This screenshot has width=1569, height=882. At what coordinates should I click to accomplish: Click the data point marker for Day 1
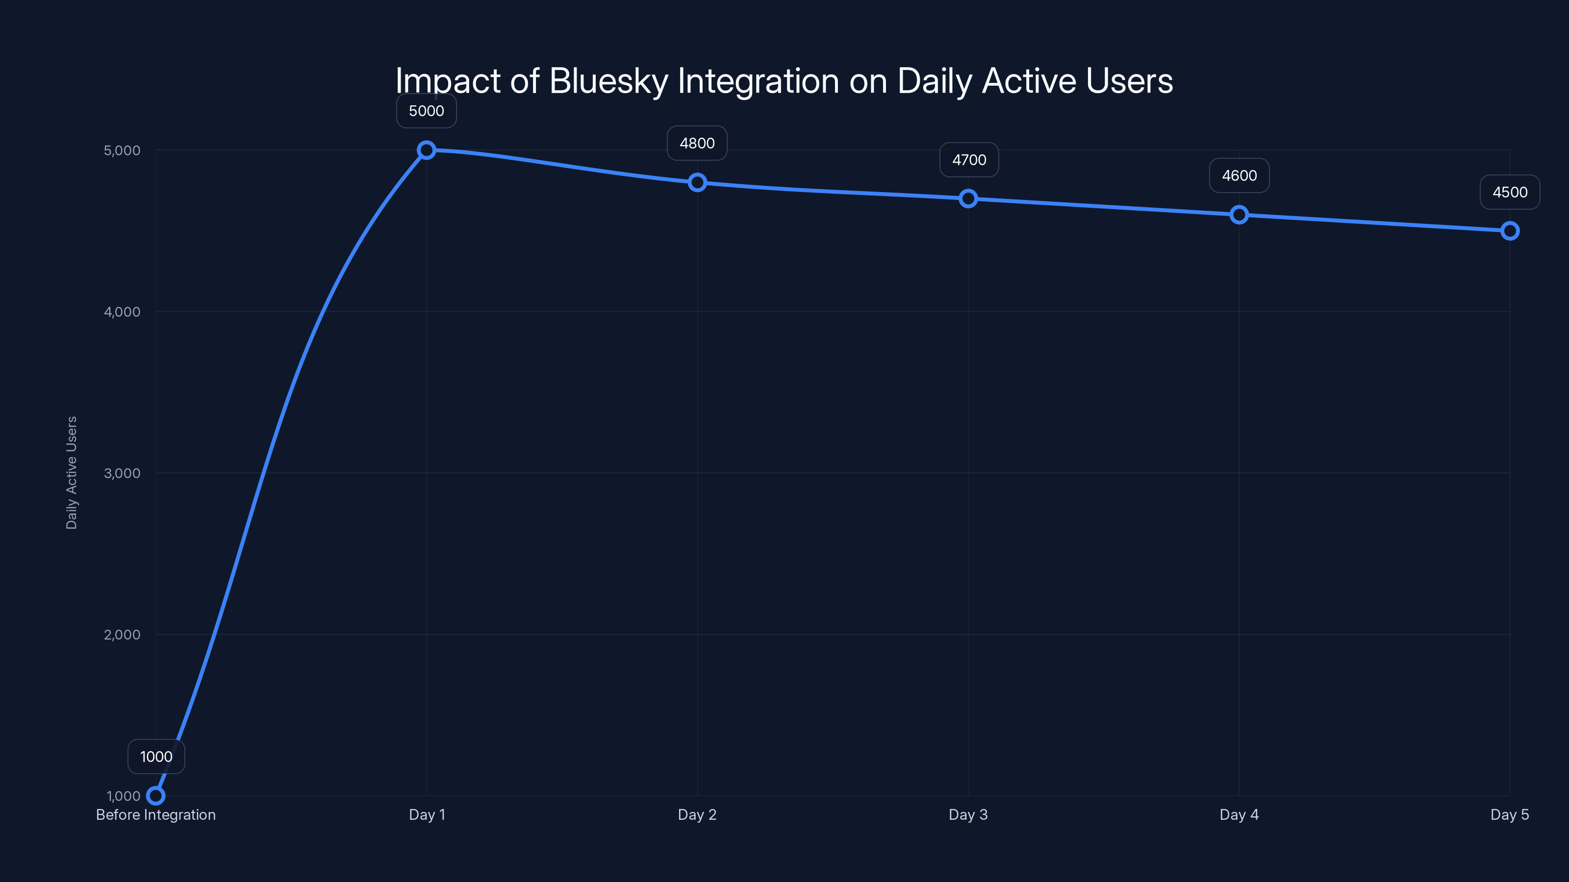click(427, 150)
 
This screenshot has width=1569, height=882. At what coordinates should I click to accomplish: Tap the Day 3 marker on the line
click(968, 198)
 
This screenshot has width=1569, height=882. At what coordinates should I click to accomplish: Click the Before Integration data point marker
click(156, 796)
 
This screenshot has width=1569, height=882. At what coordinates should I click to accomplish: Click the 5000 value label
click(427, 111)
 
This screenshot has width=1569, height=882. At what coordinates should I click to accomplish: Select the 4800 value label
click(697, 143)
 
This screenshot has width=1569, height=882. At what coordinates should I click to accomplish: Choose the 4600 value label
click(1239, 176)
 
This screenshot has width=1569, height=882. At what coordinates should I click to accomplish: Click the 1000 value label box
click(156, 757)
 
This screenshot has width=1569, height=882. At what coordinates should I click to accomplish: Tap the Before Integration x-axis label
click(156, 814)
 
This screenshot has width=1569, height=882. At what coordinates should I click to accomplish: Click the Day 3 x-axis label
click(968, 814)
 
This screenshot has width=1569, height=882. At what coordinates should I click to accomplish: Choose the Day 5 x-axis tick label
click(1509, 814)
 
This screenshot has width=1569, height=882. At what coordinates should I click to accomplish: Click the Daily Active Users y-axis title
click(71, 473)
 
